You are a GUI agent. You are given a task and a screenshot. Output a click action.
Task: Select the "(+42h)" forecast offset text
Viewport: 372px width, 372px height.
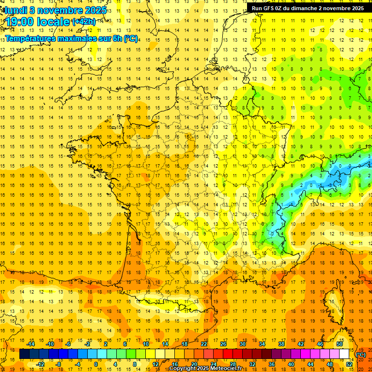84,22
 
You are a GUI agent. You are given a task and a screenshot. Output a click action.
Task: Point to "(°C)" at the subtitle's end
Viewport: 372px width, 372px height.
130,38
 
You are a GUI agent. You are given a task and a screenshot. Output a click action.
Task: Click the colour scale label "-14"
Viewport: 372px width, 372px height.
31,344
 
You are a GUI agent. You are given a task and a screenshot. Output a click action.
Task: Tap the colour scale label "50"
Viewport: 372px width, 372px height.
339,344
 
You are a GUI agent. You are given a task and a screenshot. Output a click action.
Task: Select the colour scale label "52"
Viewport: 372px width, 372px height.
349,364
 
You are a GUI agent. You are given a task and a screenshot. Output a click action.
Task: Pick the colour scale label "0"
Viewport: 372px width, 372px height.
95,364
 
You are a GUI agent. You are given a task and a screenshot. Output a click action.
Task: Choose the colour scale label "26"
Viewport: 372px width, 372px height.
223,344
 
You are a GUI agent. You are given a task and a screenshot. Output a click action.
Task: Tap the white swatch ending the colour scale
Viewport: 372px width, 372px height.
344,354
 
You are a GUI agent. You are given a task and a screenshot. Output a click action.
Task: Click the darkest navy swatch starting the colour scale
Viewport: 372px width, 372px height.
24,354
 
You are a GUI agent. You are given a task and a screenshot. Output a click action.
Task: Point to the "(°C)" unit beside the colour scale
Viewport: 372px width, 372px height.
361,355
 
